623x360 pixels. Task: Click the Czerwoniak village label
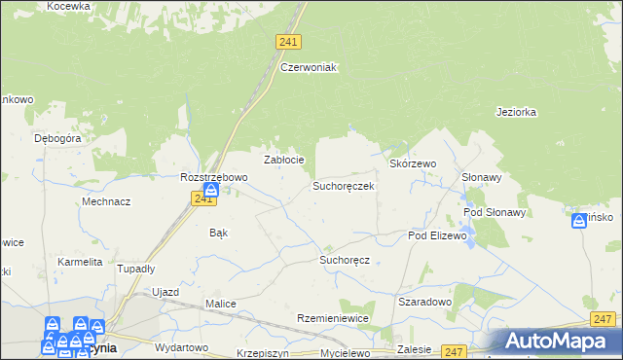coord(308,67)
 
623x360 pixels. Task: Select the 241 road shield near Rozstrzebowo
coord(202,198)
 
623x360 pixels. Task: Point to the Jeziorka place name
coord(516,112)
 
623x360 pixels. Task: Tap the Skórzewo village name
coord(413,164)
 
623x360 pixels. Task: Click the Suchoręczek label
coord(343,185)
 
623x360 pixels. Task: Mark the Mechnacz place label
coord(106,201)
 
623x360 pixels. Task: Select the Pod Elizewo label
coord(438,236)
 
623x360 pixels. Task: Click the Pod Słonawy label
coord(495,212)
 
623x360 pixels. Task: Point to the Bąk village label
coord(219,234)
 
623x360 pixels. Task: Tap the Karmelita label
coord(80,263)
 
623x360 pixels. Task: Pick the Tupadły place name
coord(135,269)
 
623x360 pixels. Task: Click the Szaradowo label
coord(424,302)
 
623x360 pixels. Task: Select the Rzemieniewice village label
coord(336,319)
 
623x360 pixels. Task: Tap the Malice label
coord(220,304)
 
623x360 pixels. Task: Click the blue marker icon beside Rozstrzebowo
coord(210,190)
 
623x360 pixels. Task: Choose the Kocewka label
coord(67,6)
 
